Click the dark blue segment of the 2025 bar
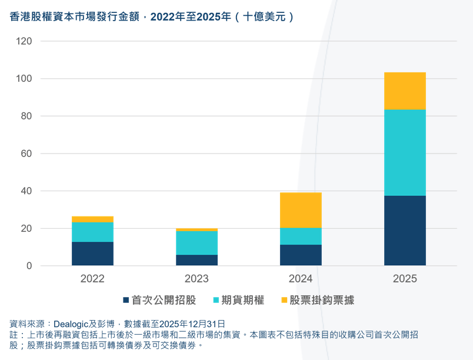tap(405, 230)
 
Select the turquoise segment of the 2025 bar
tap(405, 152)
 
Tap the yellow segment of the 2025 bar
tap(405, 91)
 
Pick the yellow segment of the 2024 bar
tap(301, 210)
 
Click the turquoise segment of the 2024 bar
tap(301, 236)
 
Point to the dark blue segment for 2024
tap(301, 255)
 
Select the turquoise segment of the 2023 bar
tap(196, 242)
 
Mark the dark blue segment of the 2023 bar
tap(196, 260)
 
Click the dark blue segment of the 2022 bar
tap(92, 254)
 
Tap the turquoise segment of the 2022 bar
tap(92, 232)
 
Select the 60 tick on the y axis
tap(26, 154)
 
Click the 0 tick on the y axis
tap(29, 266)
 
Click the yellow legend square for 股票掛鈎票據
tap(285, 301)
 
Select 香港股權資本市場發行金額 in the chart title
tap(76, 17)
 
